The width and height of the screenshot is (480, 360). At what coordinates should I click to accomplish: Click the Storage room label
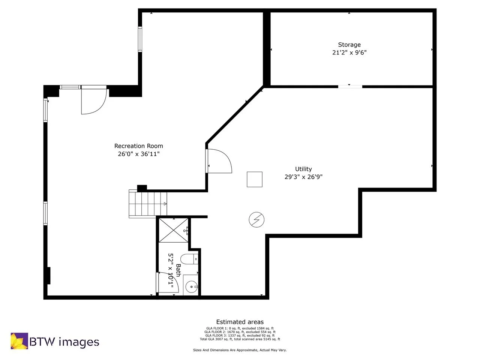tap(349, 45)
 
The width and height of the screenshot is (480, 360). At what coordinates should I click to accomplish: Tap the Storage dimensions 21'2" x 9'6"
tap(349, 52)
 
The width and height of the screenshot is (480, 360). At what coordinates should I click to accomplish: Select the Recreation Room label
tap(138, 146)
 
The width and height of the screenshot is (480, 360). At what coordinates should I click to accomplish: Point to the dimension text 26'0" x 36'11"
tap(138, 154)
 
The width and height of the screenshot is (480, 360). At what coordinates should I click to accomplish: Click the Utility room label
tap(303, 169)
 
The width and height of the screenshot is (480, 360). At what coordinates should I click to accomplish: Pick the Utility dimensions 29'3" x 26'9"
tap(303, 177)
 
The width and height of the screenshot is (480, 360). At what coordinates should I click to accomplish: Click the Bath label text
tap(178, 270)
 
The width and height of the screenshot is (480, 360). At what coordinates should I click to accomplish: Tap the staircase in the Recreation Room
tap(147, 204)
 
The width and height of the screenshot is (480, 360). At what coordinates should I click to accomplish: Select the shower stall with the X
tap(173, 230)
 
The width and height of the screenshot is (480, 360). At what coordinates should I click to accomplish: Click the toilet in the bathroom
tap(189, 259)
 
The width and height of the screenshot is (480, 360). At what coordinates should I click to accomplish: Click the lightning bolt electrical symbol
tap(256, 219)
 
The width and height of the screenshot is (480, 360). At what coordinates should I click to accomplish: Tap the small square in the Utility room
tap(254, 179)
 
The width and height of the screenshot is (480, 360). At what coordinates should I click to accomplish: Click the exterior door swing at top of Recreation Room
tap(93, 100)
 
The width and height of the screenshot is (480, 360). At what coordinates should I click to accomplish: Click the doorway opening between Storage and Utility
tap(350, 87)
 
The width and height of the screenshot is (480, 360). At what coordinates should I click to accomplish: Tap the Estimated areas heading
tap(240, 322)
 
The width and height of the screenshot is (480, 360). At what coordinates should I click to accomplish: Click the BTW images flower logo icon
tap(19, 341)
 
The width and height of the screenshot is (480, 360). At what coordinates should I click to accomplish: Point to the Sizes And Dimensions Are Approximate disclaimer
tap(240, 350)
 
